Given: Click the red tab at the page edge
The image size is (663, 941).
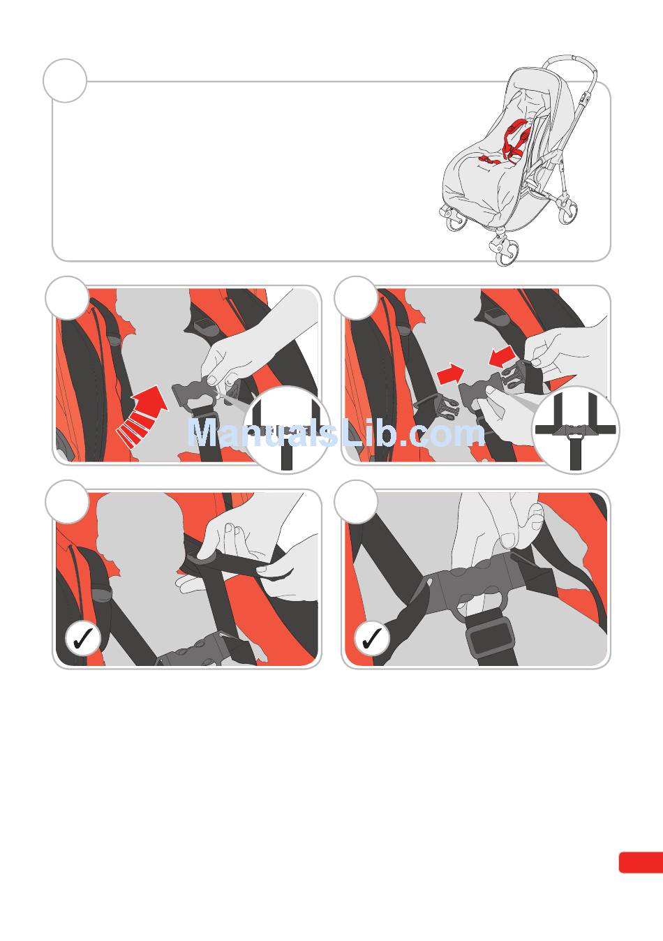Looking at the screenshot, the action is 641,863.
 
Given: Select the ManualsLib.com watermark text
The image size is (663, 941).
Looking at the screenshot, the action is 336,432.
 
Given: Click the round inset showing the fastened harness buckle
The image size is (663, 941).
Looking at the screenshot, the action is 575,430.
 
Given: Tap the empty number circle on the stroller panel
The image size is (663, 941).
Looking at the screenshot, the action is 65,81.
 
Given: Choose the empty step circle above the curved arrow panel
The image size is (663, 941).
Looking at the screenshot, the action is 67,298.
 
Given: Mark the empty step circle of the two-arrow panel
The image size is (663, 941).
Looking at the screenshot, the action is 356,298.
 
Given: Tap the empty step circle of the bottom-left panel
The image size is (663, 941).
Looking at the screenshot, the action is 67,502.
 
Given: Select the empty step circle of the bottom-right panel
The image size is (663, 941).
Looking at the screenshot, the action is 356,502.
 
